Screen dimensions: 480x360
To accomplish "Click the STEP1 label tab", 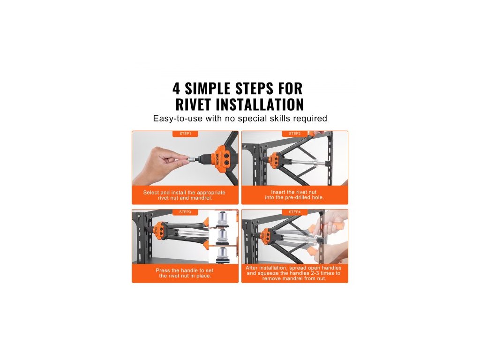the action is click(x=185, y=134).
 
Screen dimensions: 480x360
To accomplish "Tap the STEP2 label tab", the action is click(x=295, y=134).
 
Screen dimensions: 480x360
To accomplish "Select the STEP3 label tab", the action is click(x=185, y=212).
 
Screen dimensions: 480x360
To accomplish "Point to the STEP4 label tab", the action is click(x=295, y=212).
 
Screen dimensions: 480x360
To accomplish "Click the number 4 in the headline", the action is click(x=176, y=89).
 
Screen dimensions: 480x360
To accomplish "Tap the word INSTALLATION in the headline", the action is click(x=260, y=105).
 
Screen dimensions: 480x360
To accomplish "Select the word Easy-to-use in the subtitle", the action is click(x=178, y=119).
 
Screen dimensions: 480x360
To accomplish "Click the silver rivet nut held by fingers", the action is click(x=192, y=159).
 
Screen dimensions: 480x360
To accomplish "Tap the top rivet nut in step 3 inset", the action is click(x=223, y=219).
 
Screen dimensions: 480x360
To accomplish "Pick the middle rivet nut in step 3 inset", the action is click(x=223, y=237).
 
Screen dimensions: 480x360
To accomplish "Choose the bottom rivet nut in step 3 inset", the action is click(x=223, y=255).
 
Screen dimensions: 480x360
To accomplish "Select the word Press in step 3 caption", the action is click(x=163, y=270).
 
